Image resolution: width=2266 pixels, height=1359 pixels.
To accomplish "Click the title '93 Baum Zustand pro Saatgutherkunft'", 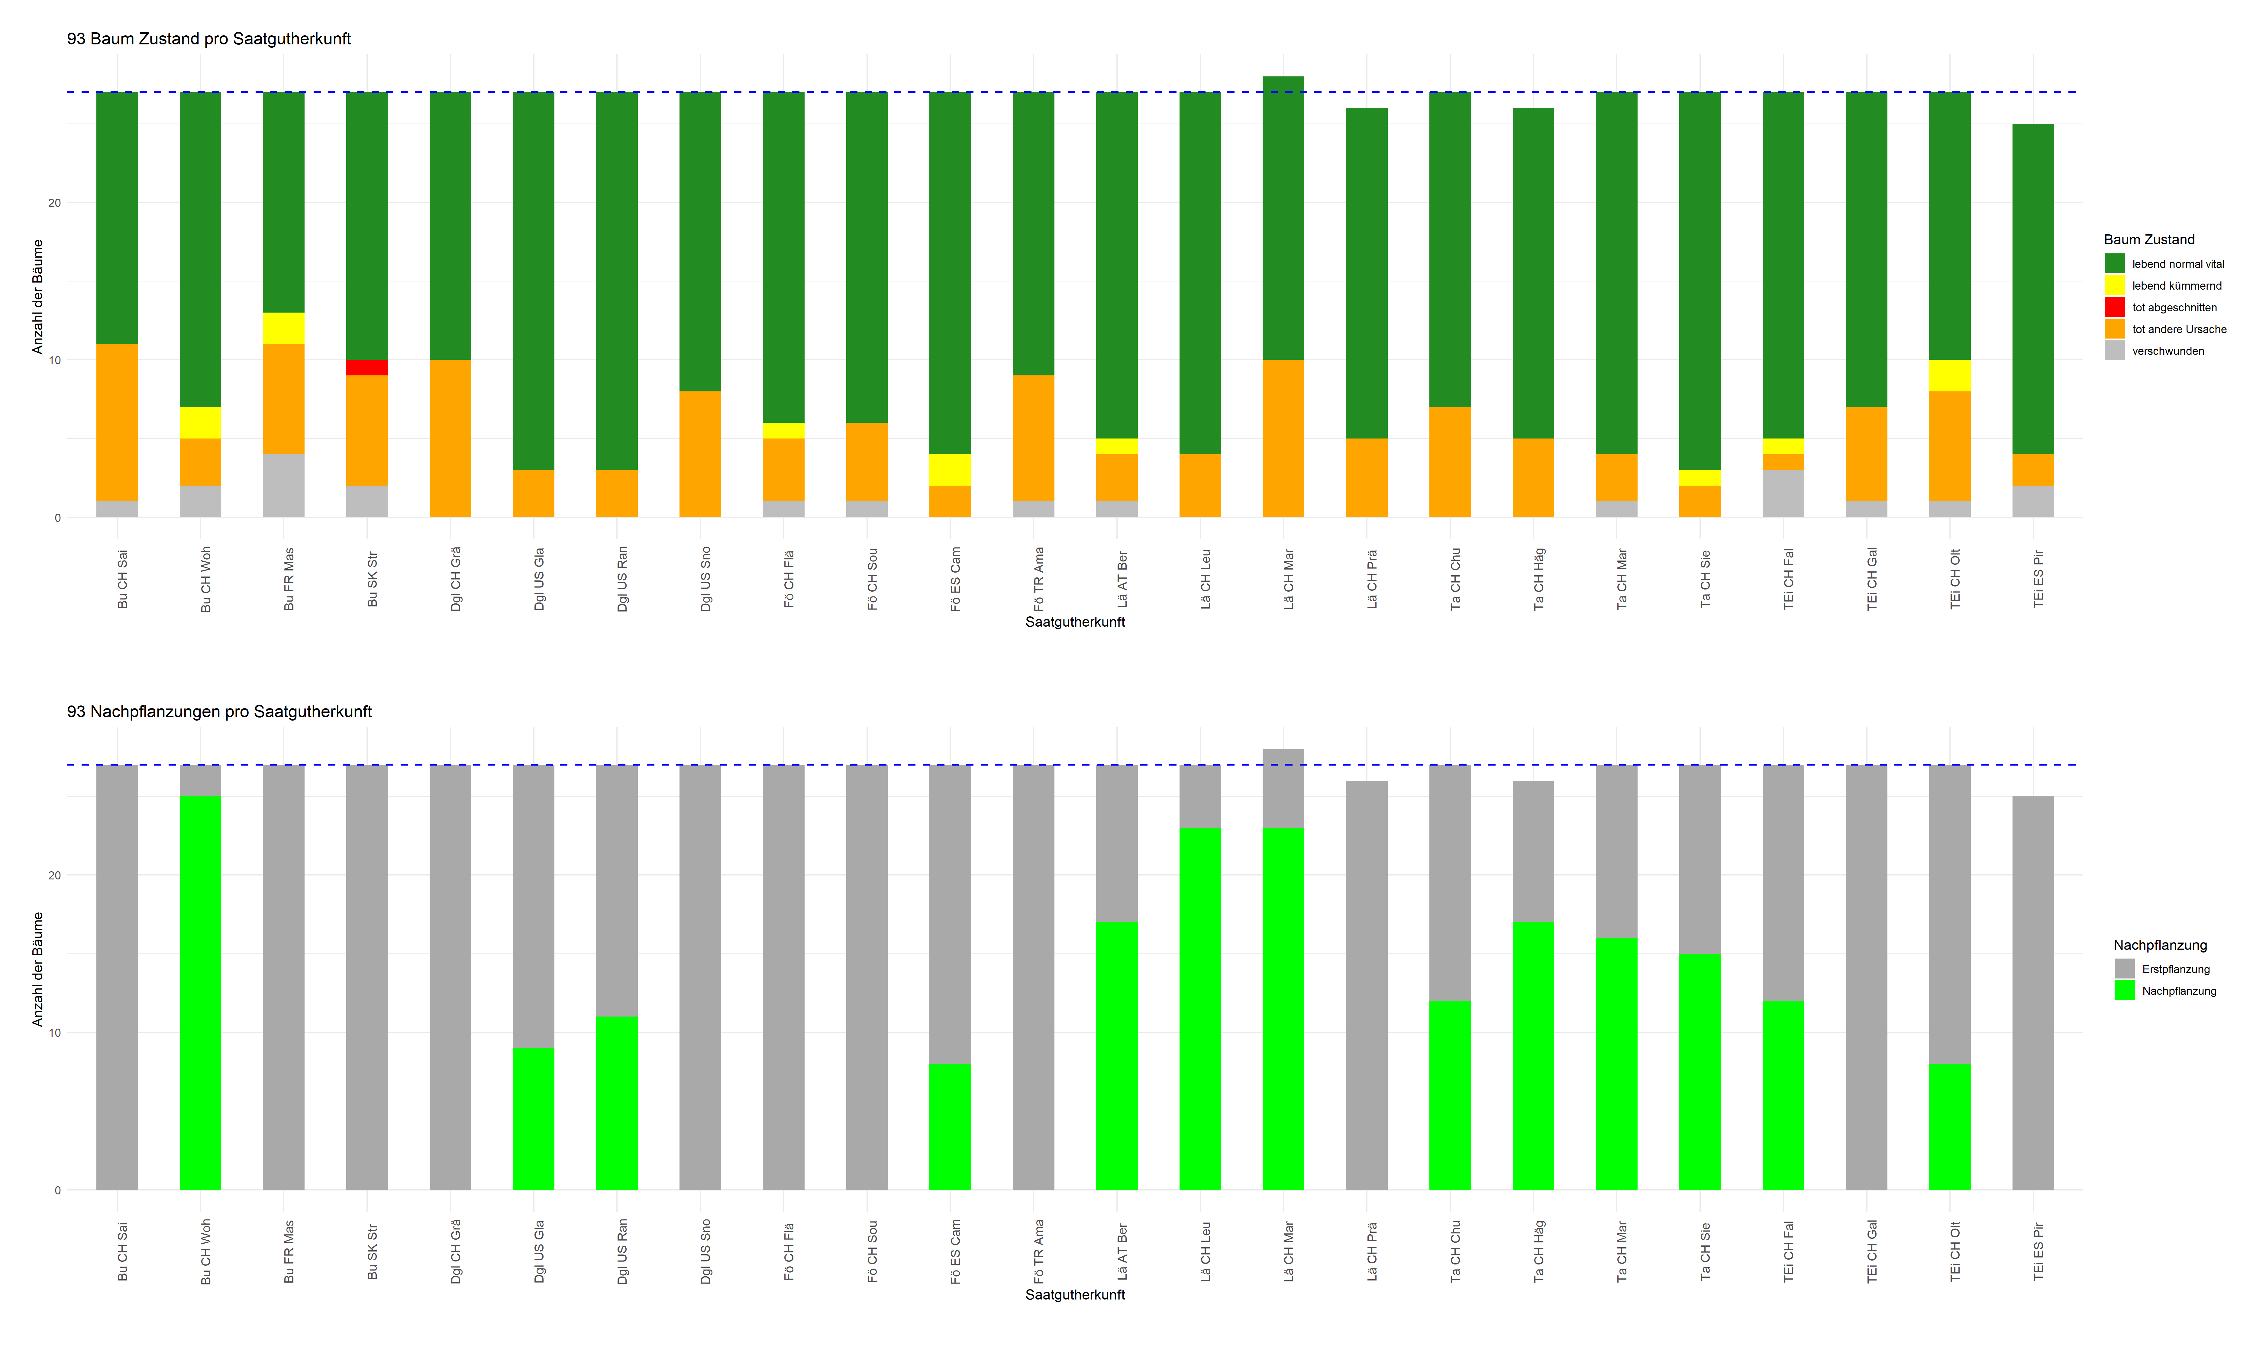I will point(209,38).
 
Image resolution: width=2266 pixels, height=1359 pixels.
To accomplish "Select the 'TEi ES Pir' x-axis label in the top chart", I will point(2038,579).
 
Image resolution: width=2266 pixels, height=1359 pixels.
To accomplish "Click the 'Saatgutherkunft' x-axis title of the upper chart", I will point(1074,622).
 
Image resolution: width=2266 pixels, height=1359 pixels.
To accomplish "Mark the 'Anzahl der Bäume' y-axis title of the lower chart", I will point(37,969).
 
